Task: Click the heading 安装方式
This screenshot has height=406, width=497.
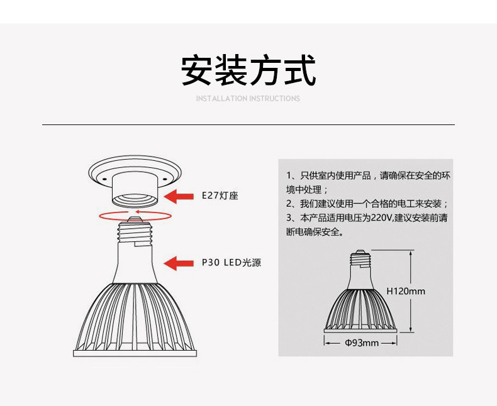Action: click(248, 70)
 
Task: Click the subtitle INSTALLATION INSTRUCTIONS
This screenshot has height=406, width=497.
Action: click(248, 99)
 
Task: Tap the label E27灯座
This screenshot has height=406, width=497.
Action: click(220, 196)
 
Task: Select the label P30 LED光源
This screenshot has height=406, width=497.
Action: click(231, 263)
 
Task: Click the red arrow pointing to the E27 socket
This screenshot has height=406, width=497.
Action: click(179, 196)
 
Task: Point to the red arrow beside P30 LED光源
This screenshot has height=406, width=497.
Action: click(179, 263)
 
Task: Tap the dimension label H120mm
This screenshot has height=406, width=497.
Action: click(405, 291)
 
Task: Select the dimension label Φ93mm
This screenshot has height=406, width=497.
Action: click(362, 343)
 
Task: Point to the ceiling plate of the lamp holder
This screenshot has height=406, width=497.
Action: click(135, 170)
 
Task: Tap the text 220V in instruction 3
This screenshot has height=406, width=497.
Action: click(381, 218)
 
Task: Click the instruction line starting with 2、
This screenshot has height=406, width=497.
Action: click(367, 204)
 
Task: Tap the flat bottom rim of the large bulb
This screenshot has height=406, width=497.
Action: click(136, 353)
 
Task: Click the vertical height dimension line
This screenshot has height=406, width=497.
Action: click(411, 291)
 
